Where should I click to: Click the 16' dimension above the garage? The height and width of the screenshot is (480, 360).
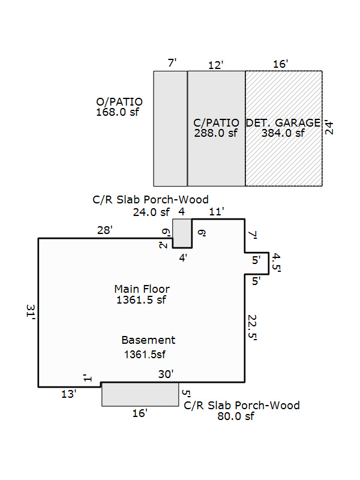click(280, 64)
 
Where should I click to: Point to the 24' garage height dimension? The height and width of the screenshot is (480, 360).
click(329, 128)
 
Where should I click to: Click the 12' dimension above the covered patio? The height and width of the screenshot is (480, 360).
click(215, 65)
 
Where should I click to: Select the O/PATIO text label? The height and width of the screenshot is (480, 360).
click(119, 101)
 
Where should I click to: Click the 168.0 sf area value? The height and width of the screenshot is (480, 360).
click(118, 112)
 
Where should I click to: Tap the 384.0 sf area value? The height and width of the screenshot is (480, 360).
click(283, 133)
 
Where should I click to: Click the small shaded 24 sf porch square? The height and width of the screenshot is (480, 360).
click(182, 233)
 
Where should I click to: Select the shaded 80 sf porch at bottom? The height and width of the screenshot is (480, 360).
click(140, 394)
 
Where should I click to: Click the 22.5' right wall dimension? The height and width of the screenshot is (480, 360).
click(252, 328)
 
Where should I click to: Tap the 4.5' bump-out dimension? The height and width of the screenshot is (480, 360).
click(276, 263)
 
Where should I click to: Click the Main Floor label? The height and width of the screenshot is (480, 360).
click(142, 289)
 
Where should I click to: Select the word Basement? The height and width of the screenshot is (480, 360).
click(148, 340)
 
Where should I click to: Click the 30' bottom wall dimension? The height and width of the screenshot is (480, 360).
click(166, 374)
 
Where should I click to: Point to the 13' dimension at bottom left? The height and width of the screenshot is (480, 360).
click(68, 394)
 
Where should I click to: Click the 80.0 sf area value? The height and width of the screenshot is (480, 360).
click(236, 416)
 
